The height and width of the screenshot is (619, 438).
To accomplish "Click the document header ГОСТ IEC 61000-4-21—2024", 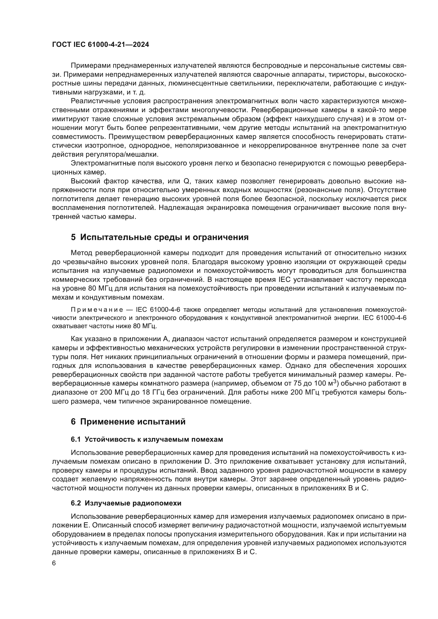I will [100, 45].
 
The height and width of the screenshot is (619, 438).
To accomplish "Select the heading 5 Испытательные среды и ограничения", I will [160, 237].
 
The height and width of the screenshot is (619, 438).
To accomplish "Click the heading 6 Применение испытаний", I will [128, 422].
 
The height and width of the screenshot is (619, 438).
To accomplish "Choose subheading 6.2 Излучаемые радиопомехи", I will [126, 503].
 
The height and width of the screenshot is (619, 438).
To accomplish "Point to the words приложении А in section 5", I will [146, 339].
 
